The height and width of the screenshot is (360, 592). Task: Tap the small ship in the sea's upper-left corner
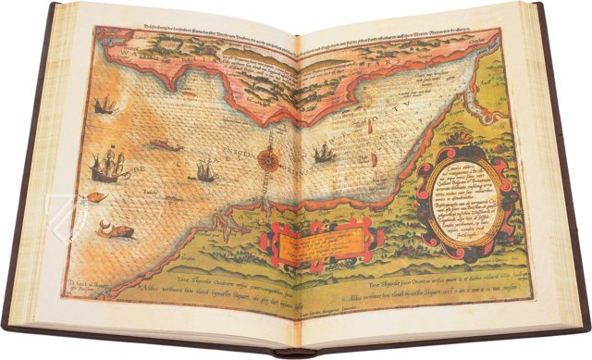pos(104,104)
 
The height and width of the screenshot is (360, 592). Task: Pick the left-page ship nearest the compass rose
pos(203,170)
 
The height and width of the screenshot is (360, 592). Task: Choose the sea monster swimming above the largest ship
pos(164,145)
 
